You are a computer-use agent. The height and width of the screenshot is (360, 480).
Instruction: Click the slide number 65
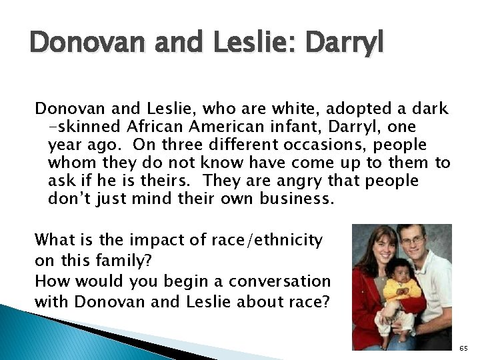pyautogui.click(x=465, y=348)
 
